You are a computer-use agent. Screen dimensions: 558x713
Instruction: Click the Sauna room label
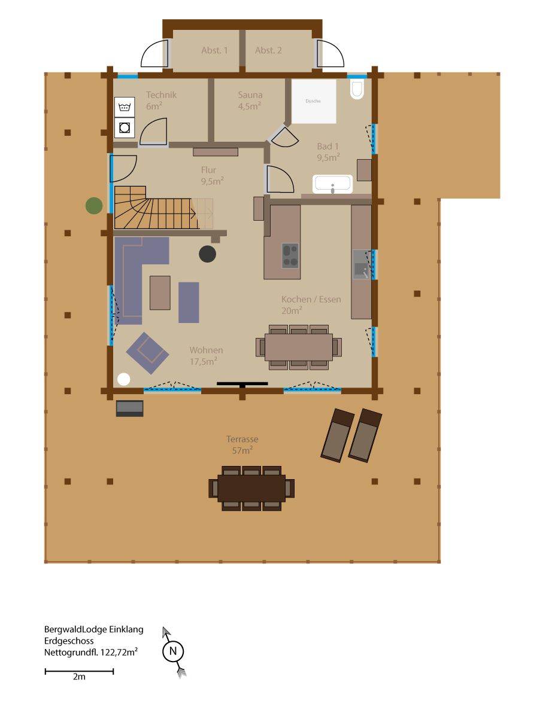pos(250,95)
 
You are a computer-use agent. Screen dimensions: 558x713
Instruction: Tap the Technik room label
pos(161,95)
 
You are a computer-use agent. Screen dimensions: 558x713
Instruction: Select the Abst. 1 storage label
pos(214,50)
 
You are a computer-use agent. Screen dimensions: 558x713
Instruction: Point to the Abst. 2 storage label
pos(268,50)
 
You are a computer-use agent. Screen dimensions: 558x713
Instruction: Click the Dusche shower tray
pos(314,102)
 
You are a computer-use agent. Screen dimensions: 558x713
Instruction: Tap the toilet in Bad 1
pos(357,90)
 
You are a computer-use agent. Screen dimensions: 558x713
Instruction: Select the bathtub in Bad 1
pos(333,184)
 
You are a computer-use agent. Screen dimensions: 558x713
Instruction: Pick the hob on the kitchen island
pos(290,255)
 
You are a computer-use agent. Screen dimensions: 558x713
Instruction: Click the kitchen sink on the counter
pos(362,264)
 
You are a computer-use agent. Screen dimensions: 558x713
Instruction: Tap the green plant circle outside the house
pos(94,206)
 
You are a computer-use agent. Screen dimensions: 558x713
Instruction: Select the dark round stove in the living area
pos(208,254)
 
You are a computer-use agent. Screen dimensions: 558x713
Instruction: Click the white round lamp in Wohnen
pos(124,379)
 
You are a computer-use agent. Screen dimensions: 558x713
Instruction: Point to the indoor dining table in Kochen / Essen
pos(299,348)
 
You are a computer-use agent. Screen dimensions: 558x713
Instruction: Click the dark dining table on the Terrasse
pos(251,488)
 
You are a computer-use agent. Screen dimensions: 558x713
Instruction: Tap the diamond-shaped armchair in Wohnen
pos(147,354)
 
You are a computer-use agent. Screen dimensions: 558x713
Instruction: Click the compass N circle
pos(173,651)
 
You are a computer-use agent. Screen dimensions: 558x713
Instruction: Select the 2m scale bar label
pos(79,677)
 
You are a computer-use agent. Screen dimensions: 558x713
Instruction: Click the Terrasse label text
pos(242,439)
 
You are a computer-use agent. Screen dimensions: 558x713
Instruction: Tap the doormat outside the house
pos(130,409)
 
